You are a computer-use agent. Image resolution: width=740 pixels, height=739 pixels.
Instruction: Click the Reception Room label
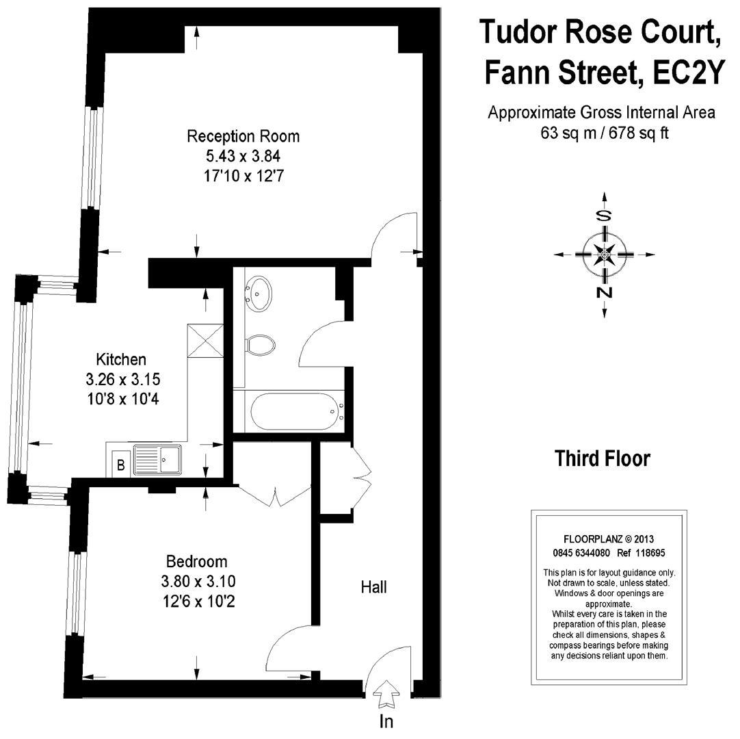pyautogui.click(x=243, y=136)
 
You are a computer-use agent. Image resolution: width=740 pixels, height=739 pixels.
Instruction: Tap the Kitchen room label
pyautogui.click(x=120, y=359)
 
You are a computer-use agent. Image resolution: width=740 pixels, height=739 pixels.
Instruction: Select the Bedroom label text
pyautogui.click(x=196, y=562)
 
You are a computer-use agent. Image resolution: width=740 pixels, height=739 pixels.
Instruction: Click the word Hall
pyautogui.click(x=374, y=586)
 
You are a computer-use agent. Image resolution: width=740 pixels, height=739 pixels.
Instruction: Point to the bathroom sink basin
pyautogui.click(x=259, y=294)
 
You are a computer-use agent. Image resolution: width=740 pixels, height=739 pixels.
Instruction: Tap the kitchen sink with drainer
pyautogui.click(x=157, y=459)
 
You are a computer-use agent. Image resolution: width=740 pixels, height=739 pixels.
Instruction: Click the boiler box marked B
pyautogui.click(x=120, y=465)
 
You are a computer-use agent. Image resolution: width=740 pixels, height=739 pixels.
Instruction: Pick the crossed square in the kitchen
pyautogui.click(x=206, y=339)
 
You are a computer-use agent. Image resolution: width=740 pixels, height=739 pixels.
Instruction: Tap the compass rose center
pyautogui.click(x=604, y=256)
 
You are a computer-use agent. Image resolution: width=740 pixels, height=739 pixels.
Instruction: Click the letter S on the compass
pyautogui.click(x=604, y=216)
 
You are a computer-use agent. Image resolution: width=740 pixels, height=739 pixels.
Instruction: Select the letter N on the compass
pyautogui.click(x=604, y=293)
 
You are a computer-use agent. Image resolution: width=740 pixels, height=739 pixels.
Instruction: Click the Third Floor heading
pyautogui.click(x=602, y=458)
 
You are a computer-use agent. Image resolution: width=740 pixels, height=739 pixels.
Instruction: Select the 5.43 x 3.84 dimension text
pyautogui.click(x=243, y=156)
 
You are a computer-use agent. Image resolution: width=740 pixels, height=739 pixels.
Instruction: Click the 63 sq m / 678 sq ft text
pyautogui.click(x=602, y=133)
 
